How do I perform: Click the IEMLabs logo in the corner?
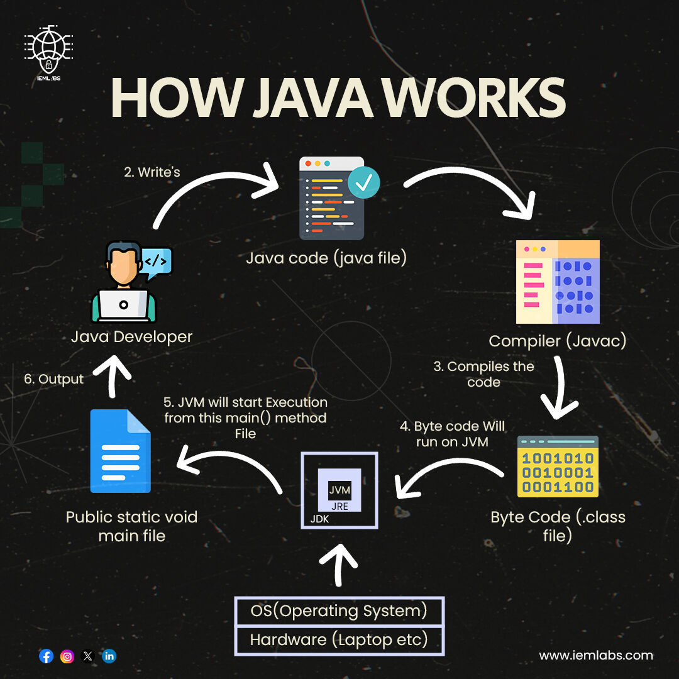coord(48,50)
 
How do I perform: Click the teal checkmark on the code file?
coord(363,182)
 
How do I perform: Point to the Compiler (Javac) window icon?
coord(558,282)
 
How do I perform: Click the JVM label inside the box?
coord(339,490)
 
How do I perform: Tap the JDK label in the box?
coord(319,520)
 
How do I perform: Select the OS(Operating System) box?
coord(339,611)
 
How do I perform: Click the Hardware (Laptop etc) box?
coord(339,641)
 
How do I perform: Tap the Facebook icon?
coord(46,656)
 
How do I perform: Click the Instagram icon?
coord(67,656)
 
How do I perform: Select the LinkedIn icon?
coord(109,656)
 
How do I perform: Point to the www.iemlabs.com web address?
coord(596,655)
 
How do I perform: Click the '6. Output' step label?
coord(53,379)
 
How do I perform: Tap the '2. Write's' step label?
coord(152,172)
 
